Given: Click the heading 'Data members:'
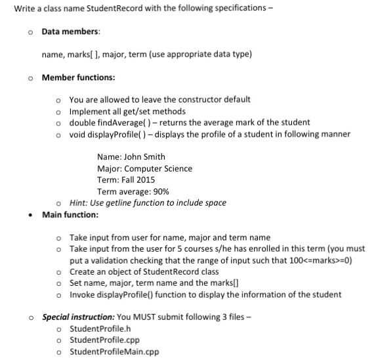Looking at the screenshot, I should [x=72, y=32].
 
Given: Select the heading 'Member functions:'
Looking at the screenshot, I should [x=78, y=78].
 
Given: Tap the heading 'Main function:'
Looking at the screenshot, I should [x=70, y=214].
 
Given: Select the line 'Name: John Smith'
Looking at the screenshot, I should [x=131, y=157].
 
